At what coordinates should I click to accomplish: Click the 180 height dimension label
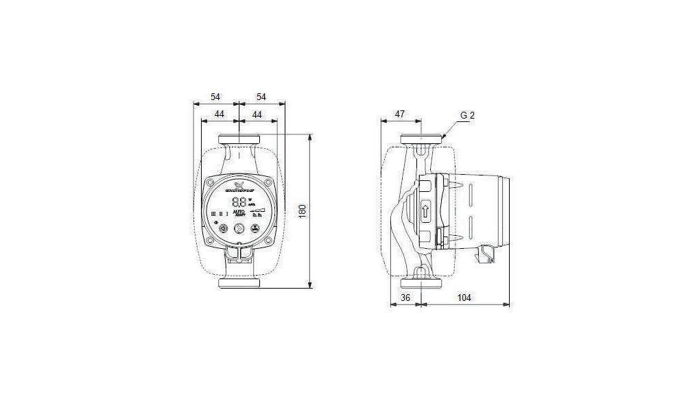click(x=301, y=210)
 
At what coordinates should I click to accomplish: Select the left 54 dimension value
click(x=215, y=97)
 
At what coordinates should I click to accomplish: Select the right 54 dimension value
click(x=261, y=97)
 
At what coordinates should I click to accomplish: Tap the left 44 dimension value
click(x=220, y=114)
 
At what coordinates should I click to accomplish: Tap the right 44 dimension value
click(x=257, y=114)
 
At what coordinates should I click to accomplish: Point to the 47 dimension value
click(x=399, y=114)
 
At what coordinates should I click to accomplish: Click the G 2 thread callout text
click(x=467, y=115)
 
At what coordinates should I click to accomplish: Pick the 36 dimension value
click(x=405, y=298)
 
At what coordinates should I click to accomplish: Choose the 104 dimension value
click(x=464, y=298)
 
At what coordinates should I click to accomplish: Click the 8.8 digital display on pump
click(x=240, y=202)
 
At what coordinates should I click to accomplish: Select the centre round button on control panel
click(x=239, y=230)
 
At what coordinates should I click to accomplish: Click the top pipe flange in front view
click(x=239, y=141)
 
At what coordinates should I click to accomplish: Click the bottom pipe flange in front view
click(x=239, y=283)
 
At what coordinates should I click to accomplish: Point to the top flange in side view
click(x=420, y=140)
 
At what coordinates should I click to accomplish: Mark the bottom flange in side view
click(x=420, y=283)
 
